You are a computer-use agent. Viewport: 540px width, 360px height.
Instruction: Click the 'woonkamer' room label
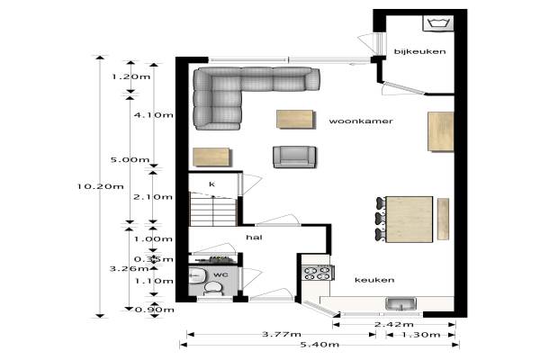[361, 121]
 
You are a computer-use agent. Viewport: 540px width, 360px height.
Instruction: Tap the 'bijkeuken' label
[419, 51]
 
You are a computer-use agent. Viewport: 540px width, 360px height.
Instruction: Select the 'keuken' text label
[374, 280]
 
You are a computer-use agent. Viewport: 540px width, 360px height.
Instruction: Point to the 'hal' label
[254, 237]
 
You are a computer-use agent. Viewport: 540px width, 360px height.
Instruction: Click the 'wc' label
[220, 274]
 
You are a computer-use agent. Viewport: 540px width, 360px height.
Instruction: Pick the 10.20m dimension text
[100, 186]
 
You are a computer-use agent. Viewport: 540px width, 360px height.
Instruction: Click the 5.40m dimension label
[319, 344]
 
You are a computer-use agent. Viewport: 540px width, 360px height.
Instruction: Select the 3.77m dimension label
[282, 334]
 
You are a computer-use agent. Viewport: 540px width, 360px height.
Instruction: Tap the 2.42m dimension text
[394, 324]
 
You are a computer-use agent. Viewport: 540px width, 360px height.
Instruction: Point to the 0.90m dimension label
[154, 310]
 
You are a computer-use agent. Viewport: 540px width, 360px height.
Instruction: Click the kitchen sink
[400, 304]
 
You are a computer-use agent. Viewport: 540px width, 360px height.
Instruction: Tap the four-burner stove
[317, 273]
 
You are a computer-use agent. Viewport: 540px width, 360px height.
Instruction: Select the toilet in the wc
[213, 289]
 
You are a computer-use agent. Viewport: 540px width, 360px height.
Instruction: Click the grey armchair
[294, 157]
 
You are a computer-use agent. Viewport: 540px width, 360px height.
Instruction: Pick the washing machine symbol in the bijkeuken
[438, 23]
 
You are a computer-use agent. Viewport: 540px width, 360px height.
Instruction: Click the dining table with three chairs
[409, 219]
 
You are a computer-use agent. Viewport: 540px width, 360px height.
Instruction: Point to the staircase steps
[213, 210]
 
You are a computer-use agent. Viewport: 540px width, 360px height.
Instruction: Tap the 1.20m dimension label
[131, 76]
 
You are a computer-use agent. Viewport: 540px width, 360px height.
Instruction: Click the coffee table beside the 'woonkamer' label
[295, 119]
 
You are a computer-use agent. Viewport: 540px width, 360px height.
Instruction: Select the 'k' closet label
[211, 184]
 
